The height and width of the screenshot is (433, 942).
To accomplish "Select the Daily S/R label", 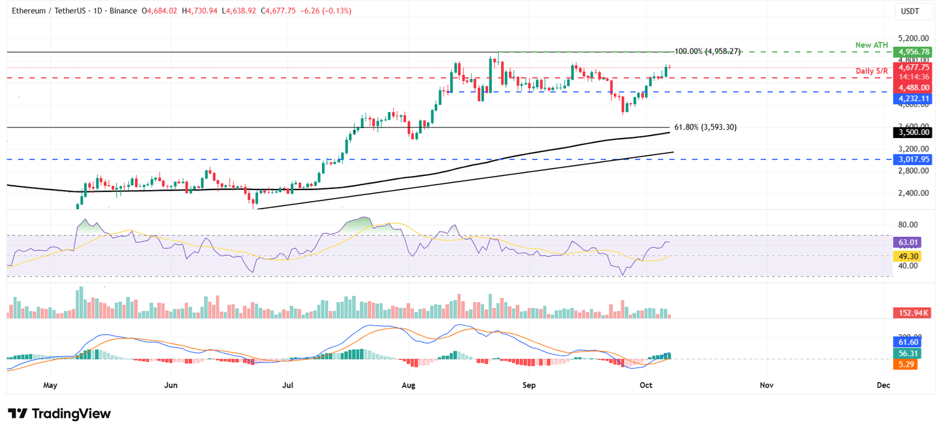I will coord(873,72).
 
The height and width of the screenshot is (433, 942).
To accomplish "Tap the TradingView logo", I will coord(59,413).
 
